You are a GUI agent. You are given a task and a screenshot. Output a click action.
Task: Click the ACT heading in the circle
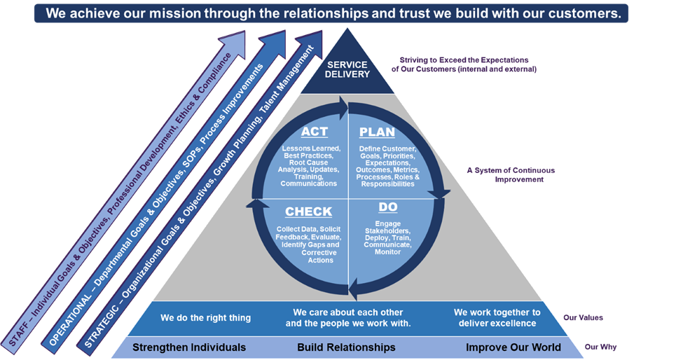click(315, 132)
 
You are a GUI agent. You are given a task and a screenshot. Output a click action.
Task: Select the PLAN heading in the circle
click(377, 132)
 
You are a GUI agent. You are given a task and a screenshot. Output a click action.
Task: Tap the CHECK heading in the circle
click(308, 212)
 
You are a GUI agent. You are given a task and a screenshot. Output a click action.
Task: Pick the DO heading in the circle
click(387, 207)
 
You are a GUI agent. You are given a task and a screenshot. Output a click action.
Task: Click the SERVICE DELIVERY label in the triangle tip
click(347, 69)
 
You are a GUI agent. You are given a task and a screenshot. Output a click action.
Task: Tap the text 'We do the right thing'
click(205, 318)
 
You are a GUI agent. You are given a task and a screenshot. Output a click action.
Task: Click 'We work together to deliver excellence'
click(497, 318)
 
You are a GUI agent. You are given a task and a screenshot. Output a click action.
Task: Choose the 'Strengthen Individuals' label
click(189, 347)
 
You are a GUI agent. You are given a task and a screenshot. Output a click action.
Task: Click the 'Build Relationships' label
click(346, 347)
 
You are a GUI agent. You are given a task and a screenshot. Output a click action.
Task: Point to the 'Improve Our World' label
click(513, 347)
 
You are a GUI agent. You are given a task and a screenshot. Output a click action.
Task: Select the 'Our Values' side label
click(584, 318)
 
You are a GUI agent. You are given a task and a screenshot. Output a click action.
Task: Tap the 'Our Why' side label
click(600, 347)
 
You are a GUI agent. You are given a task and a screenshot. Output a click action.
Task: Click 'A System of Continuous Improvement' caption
click(511, 175)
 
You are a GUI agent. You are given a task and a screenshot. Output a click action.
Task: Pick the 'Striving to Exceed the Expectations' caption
click(464, 60)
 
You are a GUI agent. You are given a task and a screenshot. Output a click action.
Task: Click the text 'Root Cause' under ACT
click(308, 162)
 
